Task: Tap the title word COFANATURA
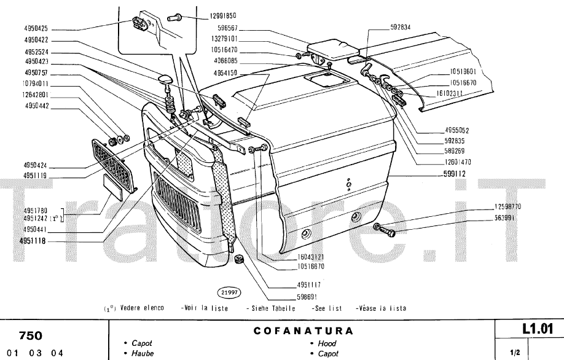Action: point(304,331)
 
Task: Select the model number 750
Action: point(31,335)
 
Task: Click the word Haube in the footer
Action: point(141,353)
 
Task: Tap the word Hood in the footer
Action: point(326,343)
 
